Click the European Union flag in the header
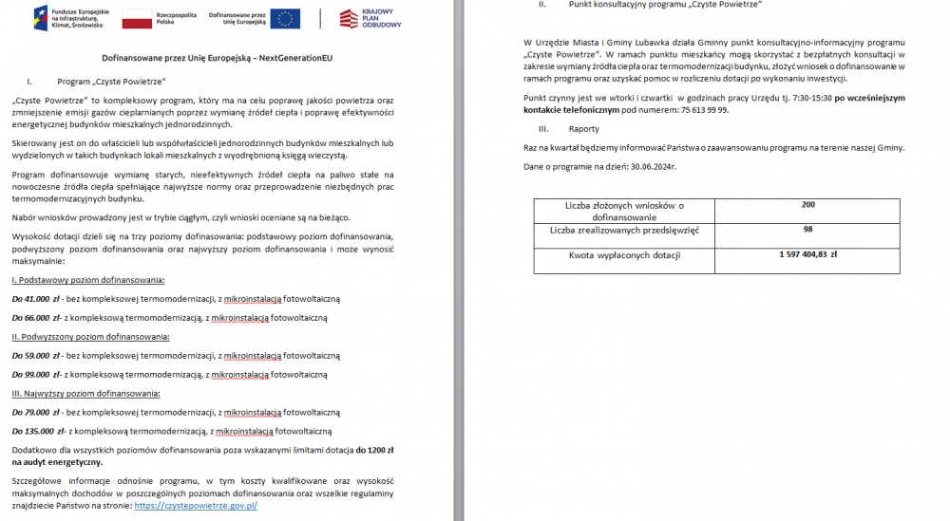(x=285, y=19)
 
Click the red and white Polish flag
(x=137, y=19)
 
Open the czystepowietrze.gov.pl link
(x=196, y=506)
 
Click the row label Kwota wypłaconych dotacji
(x=624, y=255)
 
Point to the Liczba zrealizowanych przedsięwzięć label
(x=624, y=230)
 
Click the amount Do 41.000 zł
(x=37, y=298)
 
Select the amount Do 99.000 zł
(x=37, y=374)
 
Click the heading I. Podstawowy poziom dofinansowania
(x=88, y=280)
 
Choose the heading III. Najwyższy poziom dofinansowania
(x=85, y=393)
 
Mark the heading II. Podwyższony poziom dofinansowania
(x=90, y=336)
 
